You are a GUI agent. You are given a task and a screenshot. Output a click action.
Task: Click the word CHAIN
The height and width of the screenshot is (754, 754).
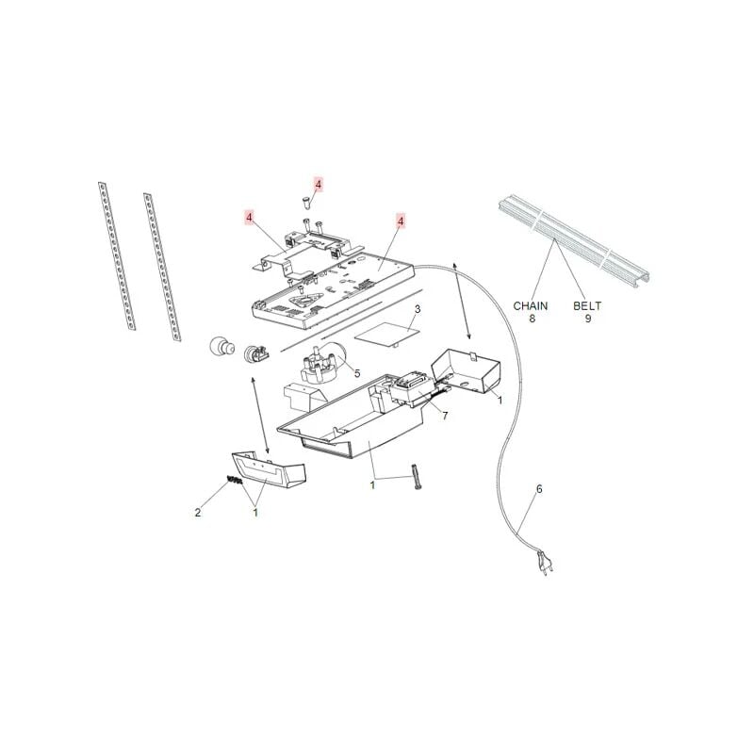tap(531, 306)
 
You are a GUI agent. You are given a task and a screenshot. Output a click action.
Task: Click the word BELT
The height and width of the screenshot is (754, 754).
tap(588, 306)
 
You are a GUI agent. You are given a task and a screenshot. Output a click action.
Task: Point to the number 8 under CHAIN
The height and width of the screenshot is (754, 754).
tap(531, 320)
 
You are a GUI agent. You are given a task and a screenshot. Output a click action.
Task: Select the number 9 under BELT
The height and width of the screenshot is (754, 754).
tap(588, 320)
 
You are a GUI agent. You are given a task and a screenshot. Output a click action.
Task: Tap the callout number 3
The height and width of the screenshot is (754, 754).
tap(418, 309)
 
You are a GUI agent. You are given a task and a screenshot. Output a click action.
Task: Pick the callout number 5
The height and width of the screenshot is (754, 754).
tap(357, 373)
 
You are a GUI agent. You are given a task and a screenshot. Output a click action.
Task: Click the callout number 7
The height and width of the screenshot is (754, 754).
tap(445, 415)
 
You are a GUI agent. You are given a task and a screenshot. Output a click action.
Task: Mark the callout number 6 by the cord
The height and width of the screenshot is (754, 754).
tap(539, 489)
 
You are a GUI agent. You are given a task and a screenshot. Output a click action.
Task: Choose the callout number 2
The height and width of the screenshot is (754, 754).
tap(198, 513)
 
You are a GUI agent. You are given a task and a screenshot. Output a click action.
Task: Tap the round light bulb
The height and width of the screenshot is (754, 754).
tap(221, 348)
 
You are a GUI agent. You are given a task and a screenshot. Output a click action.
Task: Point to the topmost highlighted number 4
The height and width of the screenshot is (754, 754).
tap(318, 185)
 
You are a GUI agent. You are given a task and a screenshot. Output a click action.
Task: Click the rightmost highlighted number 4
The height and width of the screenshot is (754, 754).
tap(401, 221)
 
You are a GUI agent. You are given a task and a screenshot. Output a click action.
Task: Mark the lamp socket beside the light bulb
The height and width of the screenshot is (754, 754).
tap(255, 354)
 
